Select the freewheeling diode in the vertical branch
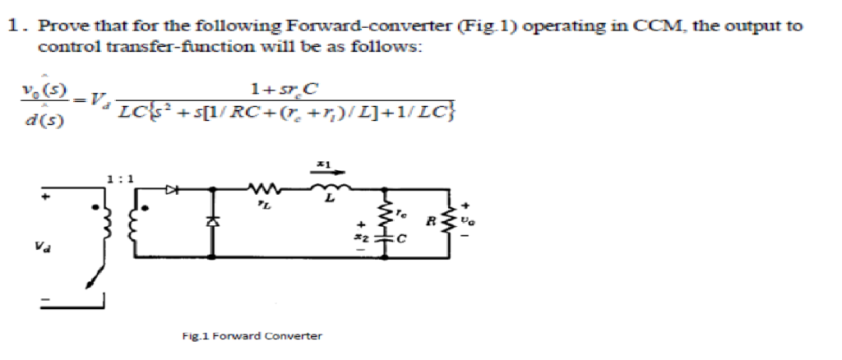click(x=216, y=221)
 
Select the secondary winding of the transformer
click(x=133, y=223)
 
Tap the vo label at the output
click(x=469, y=221)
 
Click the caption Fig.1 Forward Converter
click(x=252, y=335)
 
